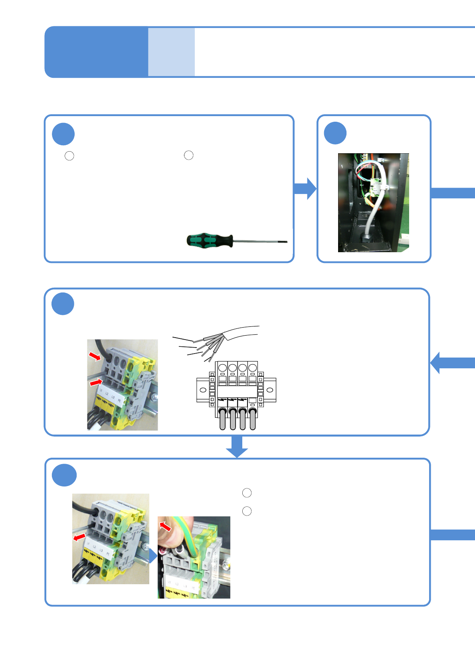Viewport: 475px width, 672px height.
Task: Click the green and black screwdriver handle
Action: tap(210, 240)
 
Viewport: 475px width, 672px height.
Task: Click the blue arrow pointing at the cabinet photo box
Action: tap(305, 188)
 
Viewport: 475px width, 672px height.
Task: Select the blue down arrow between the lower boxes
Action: tap(237, 447)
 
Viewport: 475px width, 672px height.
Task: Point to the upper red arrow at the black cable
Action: tap(95, 356)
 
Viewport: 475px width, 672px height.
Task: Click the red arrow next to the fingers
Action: tap(165, 526)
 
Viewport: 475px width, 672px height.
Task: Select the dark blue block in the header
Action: tap(96, 52)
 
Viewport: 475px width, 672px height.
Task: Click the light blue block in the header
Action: tap(171, 52)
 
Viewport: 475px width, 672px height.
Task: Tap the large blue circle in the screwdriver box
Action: tap(63, 134)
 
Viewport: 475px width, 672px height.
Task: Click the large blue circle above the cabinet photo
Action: tap(335, 133)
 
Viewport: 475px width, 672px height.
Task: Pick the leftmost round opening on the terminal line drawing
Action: tap(222, 368)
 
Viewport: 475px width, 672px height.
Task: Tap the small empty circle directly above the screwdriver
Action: tap(188, 155)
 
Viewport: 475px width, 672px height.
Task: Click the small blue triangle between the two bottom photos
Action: tap(153, 555)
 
